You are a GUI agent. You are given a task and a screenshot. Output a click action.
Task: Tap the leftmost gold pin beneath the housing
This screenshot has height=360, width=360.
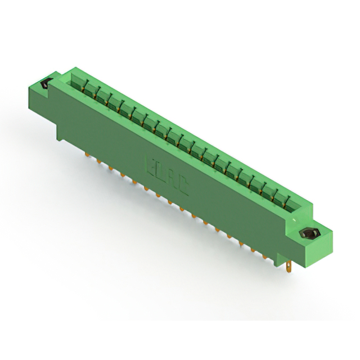pos(88,155)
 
